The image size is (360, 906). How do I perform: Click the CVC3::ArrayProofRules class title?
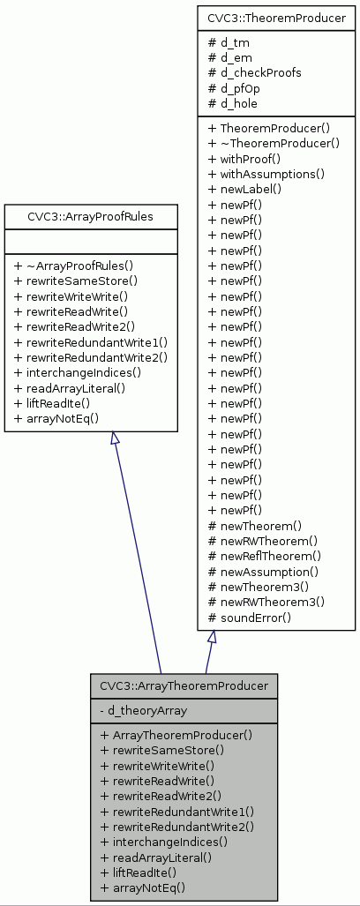coord(91,214)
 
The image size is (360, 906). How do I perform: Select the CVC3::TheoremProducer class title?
coord(275,17)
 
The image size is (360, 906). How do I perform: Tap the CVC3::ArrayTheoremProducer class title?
coord(184,685)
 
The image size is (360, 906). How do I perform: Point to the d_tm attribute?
coord(228,41)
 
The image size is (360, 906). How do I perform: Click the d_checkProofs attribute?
coord(254,72)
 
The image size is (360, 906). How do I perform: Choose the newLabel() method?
coord(244,189)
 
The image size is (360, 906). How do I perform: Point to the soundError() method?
coord(249,618)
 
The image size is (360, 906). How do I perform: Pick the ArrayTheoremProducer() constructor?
coord(176,735)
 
